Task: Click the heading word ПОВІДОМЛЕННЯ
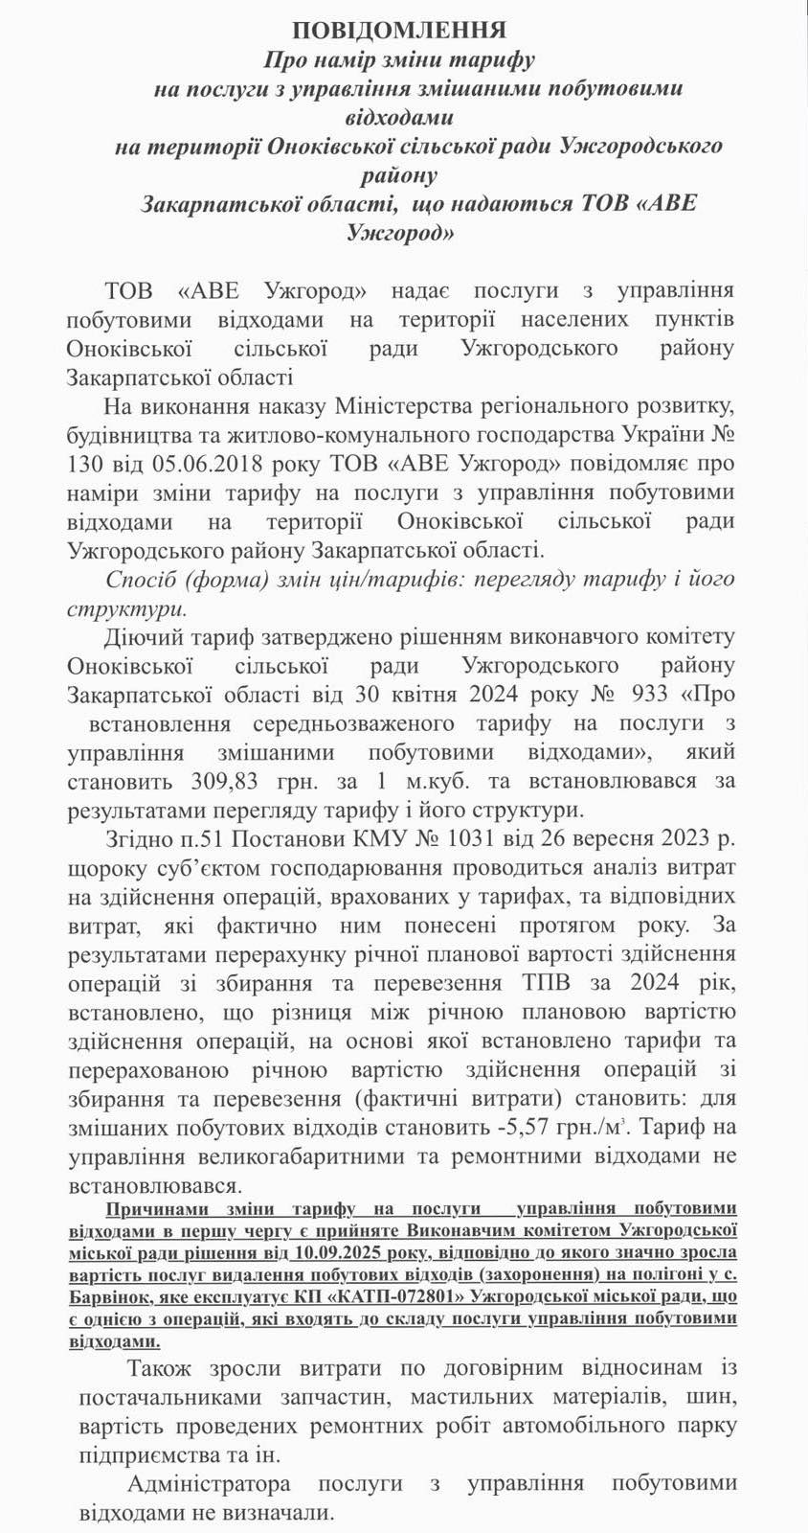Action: (400, 30)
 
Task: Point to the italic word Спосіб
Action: (142, 581)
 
